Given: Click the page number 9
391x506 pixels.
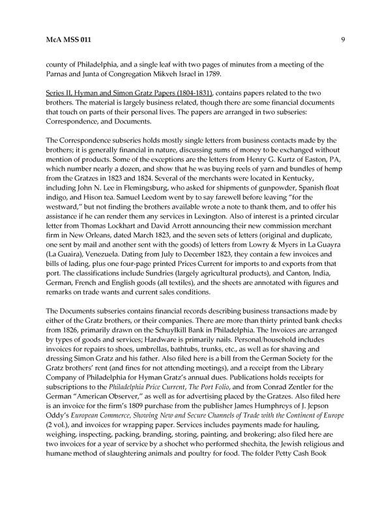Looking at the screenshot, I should click(x=343, y=40).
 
